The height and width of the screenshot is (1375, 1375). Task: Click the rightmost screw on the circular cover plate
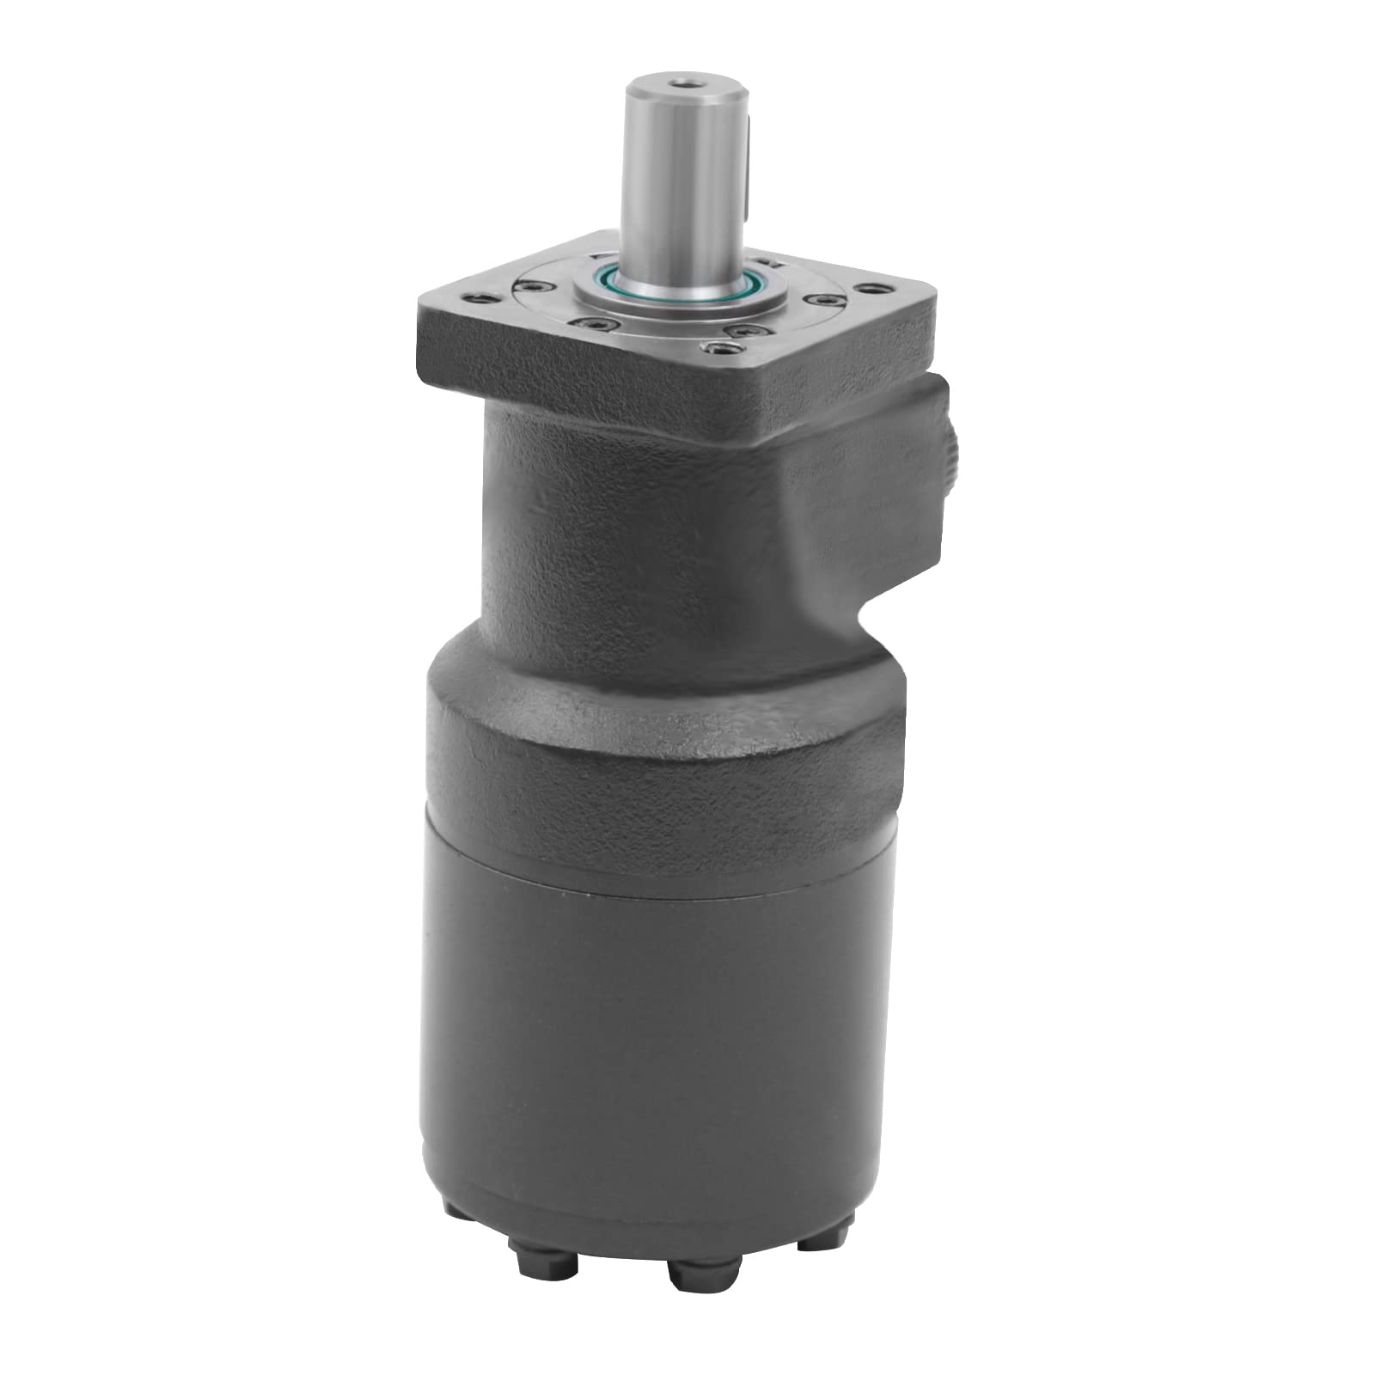(x=824, y=300)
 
